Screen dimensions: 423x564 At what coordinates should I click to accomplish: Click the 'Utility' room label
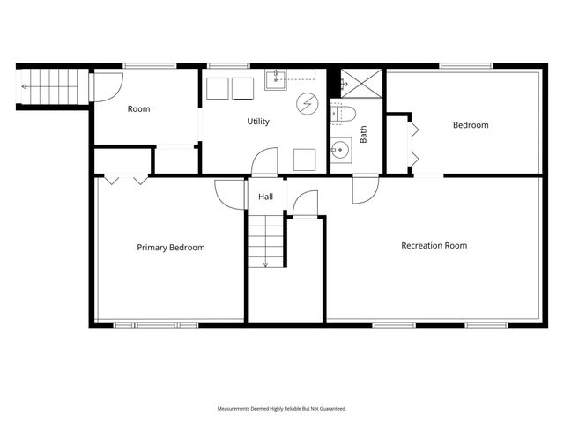point(258,122)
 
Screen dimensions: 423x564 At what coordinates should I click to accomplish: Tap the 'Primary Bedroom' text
point(170,248)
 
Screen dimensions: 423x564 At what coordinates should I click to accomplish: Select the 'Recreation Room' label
point(434,245)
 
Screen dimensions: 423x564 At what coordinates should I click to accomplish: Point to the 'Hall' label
point(266,197)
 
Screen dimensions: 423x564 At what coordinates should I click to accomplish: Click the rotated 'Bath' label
point(362,135)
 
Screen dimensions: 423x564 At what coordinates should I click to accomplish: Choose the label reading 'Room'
point(138,109)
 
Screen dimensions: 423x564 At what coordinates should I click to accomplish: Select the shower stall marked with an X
point(358,82)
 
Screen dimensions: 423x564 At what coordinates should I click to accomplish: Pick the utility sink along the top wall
point(276,79)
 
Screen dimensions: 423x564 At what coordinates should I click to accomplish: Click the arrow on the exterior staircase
point(26,86)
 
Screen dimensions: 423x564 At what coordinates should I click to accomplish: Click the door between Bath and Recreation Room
point(365,189)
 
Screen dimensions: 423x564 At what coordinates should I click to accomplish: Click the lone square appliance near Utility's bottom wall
point(305,159)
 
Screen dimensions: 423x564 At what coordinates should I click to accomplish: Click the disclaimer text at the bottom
point(282,409)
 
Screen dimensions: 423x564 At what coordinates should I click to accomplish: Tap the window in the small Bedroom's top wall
point(465,65)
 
